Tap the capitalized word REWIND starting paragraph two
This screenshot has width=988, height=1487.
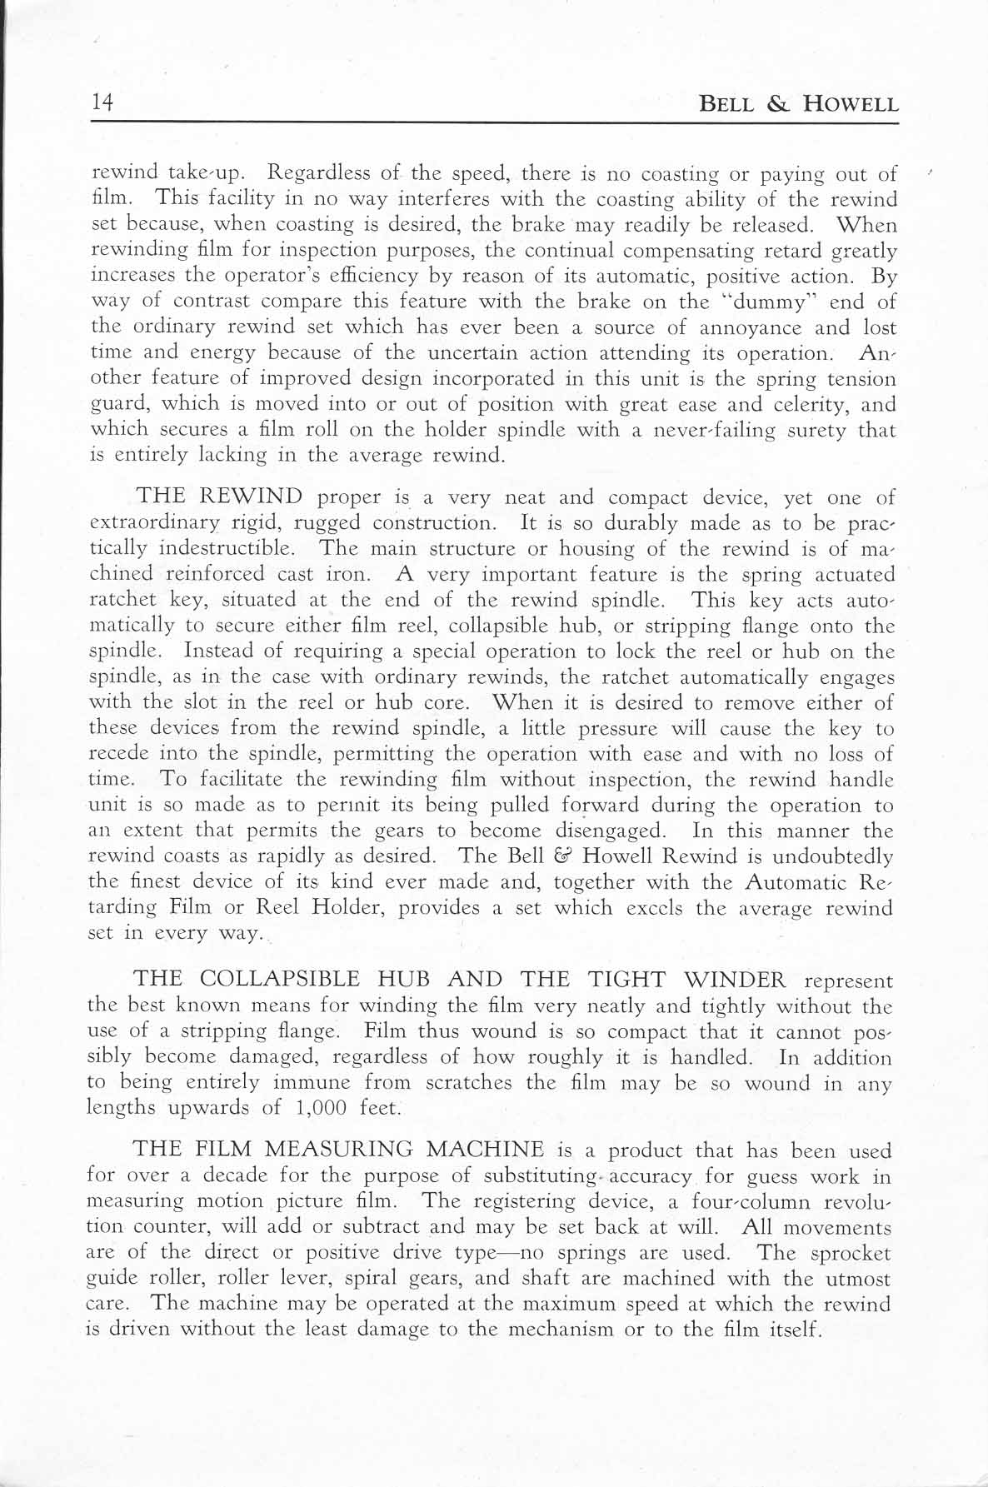[251, 497]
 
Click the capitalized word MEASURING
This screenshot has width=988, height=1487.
[338, 1150]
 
